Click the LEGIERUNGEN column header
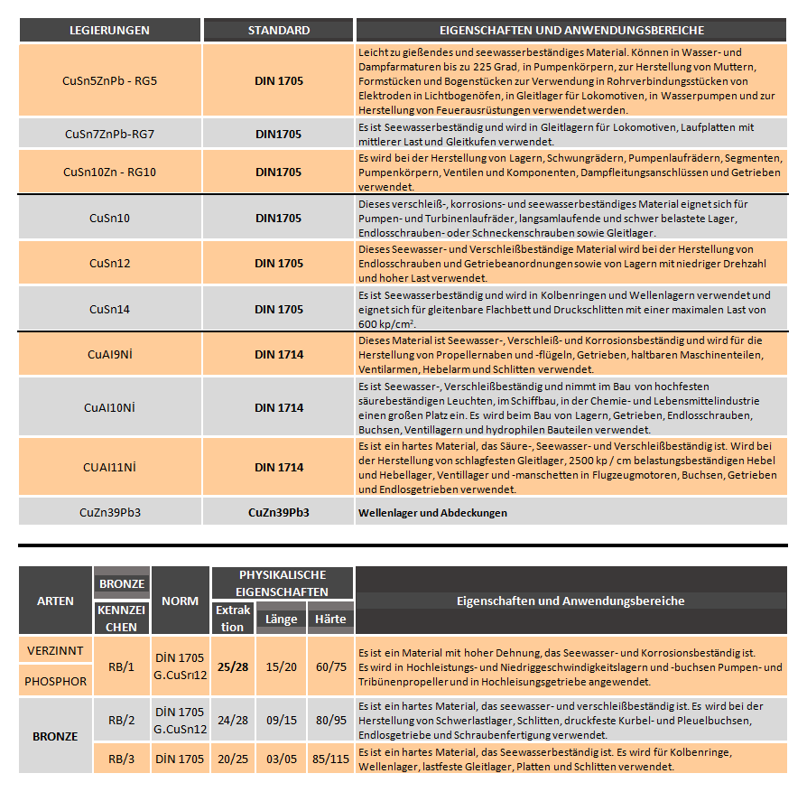tap(109, 31)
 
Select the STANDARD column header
tap(278, 31)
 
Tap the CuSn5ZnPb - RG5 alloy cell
tap(109, 80)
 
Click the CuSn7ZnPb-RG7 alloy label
tap(109, 134)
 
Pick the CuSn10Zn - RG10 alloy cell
tap(109, 172)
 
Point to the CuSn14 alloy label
tap(109, 309)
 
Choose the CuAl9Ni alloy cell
tap(109, 355)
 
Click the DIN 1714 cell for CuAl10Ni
tap(278, 407)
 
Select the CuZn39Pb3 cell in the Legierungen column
tap(109, 512)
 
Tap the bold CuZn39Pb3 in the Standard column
tap(278, 512)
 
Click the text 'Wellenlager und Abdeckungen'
tap(432, 513)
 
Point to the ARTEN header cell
tap(55, 601)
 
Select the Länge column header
tap(281, 620)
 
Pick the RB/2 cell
tap(121, 720)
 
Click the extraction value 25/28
tap(232, 666)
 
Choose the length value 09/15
tap(281, 720)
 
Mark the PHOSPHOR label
tap(55, 681)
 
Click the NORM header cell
tap(180, 601)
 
